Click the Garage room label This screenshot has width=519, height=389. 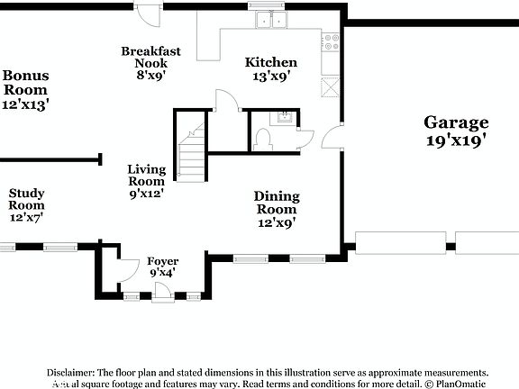tap(457, 123)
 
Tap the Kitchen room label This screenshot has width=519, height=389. tap(271, 62)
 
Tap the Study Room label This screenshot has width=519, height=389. tap(27, 198)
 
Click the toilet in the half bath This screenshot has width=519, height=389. tap(264, 138)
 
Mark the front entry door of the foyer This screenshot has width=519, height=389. tap(161, 292)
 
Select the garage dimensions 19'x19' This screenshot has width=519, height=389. tap(457, 140)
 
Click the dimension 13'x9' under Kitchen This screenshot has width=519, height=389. tap(271, 77)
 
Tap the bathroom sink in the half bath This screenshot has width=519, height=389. tap(284, 116)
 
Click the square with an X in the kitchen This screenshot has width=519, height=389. tap(331, 86)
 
